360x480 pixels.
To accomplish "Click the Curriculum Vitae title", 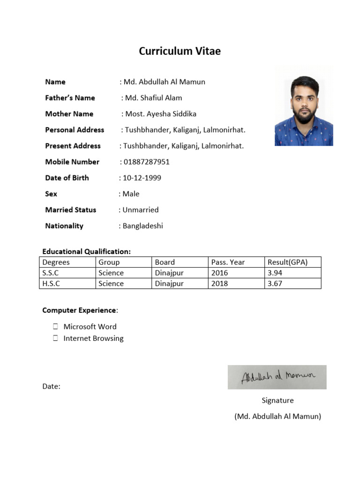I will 180,52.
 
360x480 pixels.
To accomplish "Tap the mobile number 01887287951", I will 146,162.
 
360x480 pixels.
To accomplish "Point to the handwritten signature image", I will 277,377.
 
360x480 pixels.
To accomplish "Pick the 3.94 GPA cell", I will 292,273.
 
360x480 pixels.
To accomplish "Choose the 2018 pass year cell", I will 236,284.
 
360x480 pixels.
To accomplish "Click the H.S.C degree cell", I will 67,284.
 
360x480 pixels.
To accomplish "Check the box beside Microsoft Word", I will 55,326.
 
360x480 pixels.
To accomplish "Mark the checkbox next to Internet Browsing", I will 55,338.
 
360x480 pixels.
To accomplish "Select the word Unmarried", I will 141,210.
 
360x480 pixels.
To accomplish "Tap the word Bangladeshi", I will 143,225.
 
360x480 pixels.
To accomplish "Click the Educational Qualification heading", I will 87,252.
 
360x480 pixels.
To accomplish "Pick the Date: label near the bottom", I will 51,387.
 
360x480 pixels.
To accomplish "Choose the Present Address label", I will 73,146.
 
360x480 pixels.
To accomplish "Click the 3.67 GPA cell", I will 292,284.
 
